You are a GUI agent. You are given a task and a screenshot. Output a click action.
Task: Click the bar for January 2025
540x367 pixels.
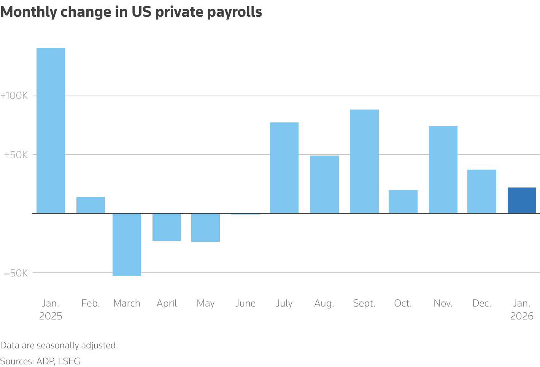(x=51, y=130)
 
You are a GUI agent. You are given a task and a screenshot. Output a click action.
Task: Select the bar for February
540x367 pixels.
(x=91, y=205)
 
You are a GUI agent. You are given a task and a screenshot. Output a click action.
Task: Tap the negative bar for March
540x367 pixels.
(x=127, y=245)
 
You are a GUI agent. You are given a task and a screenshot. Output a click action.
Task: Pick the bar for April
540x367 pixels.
(x=167, y=227)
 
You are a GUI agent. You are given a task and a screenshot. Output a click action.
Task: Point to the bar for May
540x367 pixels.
(x=205, y=227)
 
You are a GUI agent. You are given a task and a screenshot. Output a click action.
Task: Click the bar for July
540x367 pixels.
(x=284, y=168)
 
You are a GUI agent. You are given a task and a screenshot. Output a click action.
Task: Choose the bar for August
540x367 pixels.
(x=324, y=184)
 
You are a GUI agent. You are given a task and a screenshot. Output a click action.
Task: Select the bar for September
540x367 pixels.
(x=364, y=161)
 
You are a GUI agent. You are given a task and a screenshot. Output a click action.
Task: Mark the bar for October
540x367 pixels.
(x=403, y=202)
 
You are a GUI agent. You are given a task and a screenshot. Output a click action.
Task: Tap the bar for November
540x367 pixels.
(x=443, y=170)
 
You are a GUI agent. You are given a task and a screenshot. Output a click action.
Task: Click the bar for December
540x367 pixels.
(x=481, y=191)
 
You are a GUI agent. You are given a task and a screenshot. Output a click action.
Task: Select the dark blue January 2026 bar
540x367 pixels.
(x=522, y=200)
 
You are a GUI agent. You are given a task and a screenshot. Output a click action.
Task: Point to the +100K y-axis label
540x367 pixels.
(x=14, y=95)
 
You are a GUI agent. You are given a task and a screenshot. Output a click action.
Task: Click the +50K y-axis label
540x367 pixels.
(x=16, y=155)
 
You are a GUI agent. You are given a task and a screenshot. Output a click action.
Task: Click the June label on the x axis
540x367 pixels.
(x=245, y=303)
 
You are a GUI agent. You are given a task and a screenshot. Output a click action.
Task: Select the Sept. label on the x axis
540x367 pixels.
(x=364, y=303)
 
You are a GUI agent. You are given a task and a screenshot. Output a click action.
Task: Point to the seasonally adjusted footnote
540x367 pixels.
(x=59, y=345)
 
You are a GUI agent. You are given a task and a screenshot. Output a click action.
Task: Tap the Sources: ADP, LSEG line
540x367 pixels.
(x=40, y=361)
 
